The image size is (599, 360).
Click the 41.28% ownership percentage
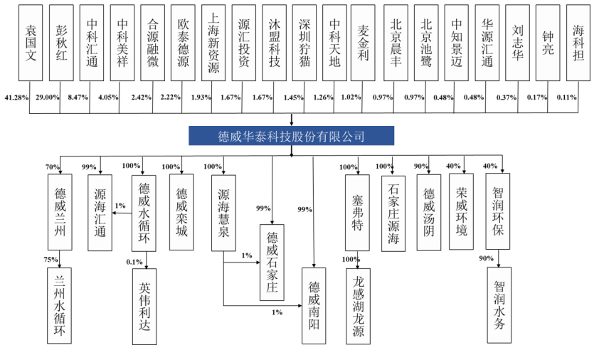(17, 96)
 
